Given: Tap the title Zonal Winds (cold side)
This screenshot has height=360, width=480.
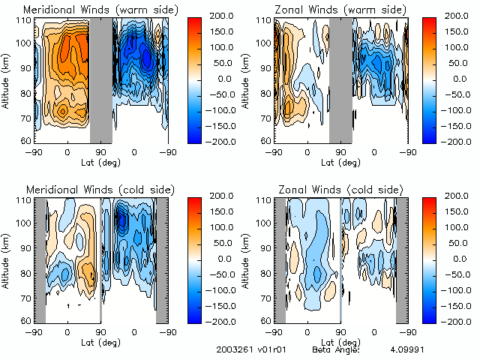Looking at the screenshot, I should [331, 187].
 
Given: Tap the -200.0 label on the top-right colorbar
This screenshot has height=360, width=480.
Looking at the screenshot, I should [457, 141].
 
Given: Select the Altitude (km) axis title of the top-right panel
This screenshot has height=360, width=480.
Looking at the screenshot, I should [247, 79].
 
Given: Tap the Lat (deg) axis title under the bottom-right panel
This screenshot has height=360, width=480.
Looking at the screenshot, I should [341, 340].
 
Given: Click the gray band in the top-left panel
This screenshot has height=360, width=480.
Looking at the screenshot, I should [101, 80].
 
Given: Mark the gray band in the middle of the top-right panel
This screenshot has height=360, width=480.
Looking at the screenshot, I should [341, 80].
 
